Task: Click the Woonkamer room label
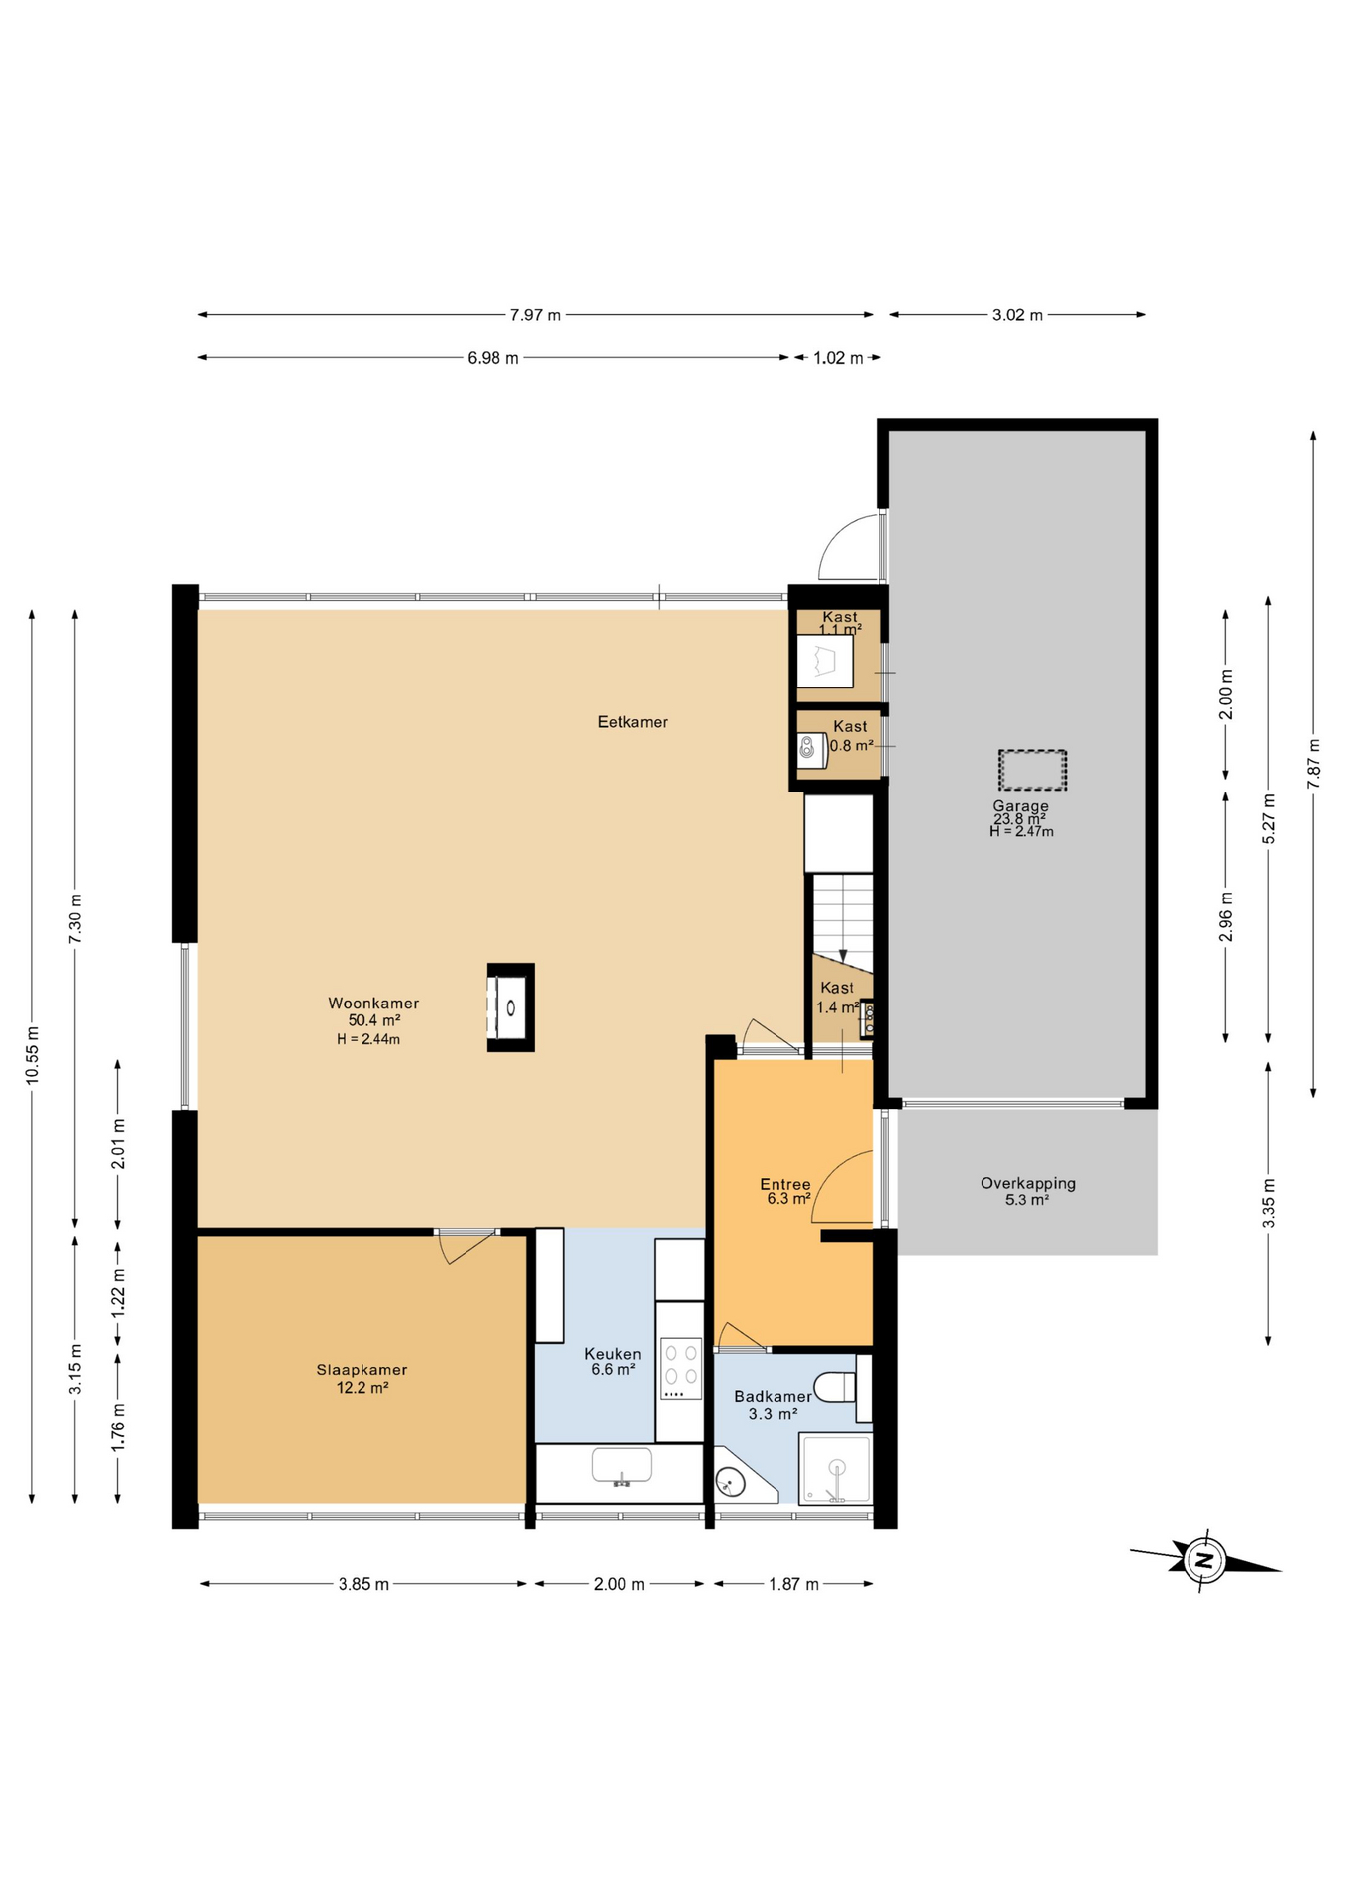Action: pyautogui.click(x=373, y=1004)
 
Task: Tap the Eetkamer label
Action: pyautogui.click(x=632, y=722)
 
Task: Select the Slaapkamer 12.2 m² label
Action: pyautogui.click(x=362, y=1378)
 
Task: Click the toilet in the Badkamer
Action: pyautogui.click(x=834, y=1387)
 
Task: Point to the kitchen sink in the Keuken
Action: pyautogui.click(x=621, y=1465)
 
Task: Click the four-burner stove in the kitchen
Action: pyautogui.click(x=680, y=1368)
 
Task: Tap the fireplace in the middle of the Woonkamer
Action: pyautogui.click(x=510, y=1006)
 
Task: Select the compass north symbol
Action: pyautogui.click(x=1204, y=1560)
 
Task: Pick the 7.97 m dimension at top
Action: pyautogui.click(x=535, y=315)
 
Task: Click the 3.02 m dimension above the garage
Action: pyautogui.click(x=1017, y=315)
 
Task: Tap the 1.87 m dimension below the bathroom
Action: pyautogui.click(x=793, y=1584)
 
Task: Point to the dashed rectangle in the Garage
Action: pyautogui.click(x=1032, y=770)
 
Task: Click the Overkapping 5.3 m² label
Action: pyautogui.click(x=1027, y=1190)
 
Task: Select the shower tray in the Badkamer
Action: pyautogui.click(x=836, y=1468)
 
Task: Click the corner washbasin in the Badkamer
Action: pyautogui.click(x=733, y=1482)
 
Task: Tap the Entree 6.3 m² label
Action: pyautogui.click(x=786, y=1191)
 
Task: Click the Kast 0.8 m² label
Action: pyautogui.click(x=850, y=736)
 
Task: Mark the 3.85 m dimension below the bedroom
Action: pyautogui.click(x=363, y=1584)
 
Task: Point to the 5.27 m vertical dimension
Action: pyautogui.click(x=1269, y=819)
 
